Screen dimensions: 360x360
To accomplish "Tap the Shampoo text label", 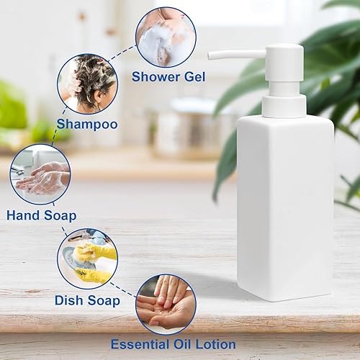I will pos(87,124).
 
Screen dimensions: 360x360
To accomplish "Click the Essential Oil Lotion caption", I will pos(173,344).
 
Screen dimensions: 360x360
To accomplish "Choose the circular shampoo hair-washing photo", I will pos(87,84).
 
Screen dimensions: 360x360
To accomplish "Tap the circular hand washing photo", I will pos(40,175).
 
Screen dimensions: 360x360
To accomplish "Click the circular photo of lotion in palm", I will pos(166,304).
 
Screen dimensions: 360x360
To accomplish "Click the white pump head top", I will pos(282,52).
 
